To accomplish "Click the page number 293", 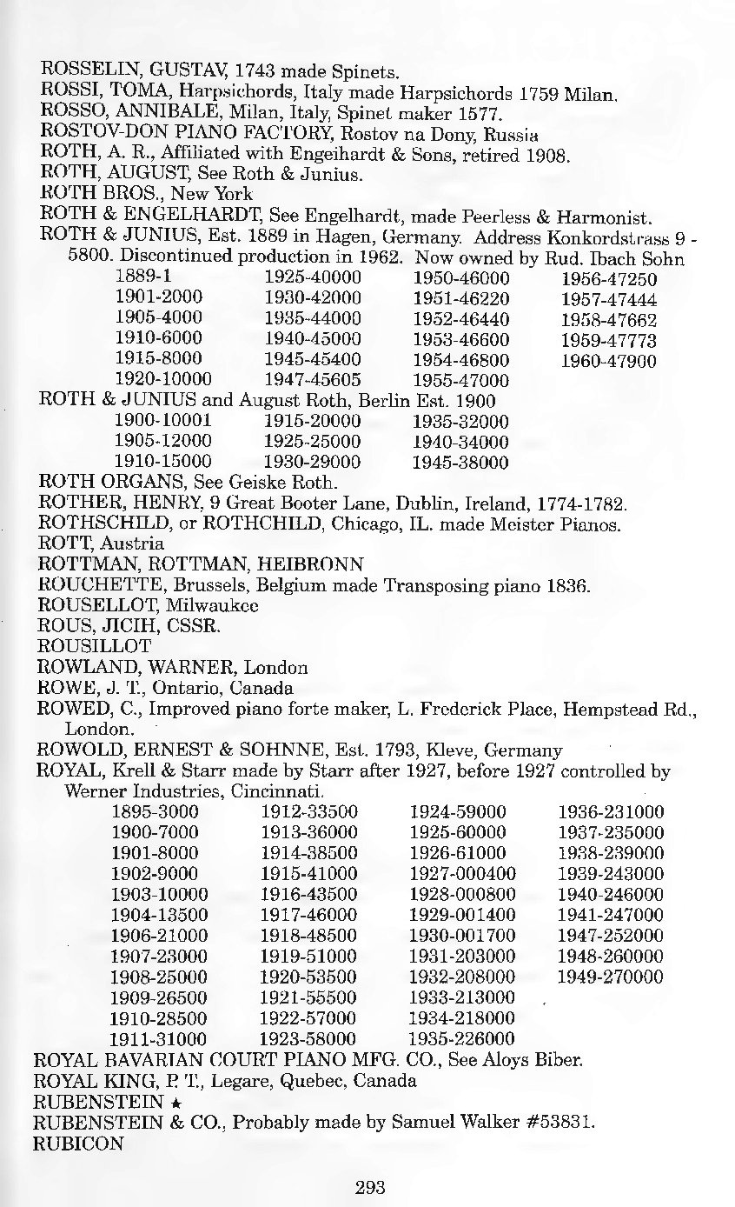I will tap(369, 1186).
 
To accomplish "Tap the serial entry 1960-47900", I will tap(608, 360).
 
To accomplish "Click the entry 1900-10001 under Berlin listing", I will tap(158, 421).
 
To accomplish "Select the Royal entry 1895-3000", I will tap(156, 812).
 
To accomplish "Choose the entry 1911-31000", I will tap(160, 1038).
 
